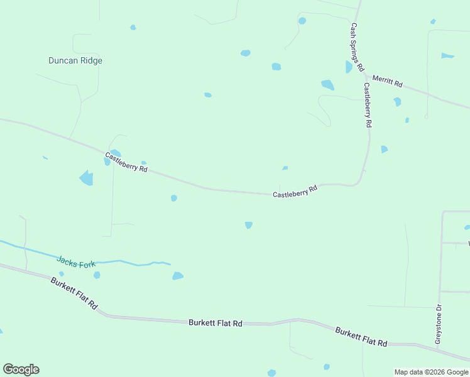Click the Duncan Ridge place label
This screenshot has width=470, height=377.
(x=75, y=61)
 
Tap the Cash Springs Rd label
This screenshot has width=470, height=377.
(x=357, y=47)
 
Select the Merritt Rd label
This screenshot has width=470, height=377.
(x=387, y=81)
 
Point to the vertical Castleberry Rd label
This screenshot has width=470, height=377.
(x=368, y=106)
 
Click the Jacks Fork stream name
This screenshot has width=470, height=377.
(x=76, y=261)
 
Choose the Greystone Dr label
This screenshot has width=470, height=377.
(x=439, y=324)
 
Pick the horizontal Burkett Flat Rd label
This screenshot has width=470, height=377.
(x=216, y=323)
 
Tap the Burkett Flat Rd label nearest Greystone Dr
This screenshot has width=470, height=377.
(x=361, y=337)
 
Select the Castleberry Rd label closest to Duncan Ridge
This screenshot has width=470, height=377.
(x=126, y=162)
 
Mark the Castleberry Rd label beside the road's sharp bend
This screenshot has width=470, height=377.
(x=295, y=191)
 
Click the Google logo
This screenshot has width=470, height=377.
(x=21, y=369)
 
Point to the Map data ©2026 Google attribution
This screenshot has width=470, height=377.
(x=431, y=372)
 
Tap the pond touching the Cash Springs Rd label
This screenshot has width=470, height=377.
(x=348, y=67)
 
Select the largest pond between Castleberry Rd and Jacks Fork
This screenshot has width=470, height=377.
(x=87, y=178)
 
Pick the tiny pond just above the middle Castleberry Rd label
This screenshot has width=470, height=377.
(x=285, y=168)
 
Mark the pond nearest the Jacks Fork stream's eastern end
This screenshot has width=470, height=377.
(x=178, y=276)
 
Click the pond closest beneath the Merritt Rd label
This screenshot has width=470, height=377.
(x=397, y=101)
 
